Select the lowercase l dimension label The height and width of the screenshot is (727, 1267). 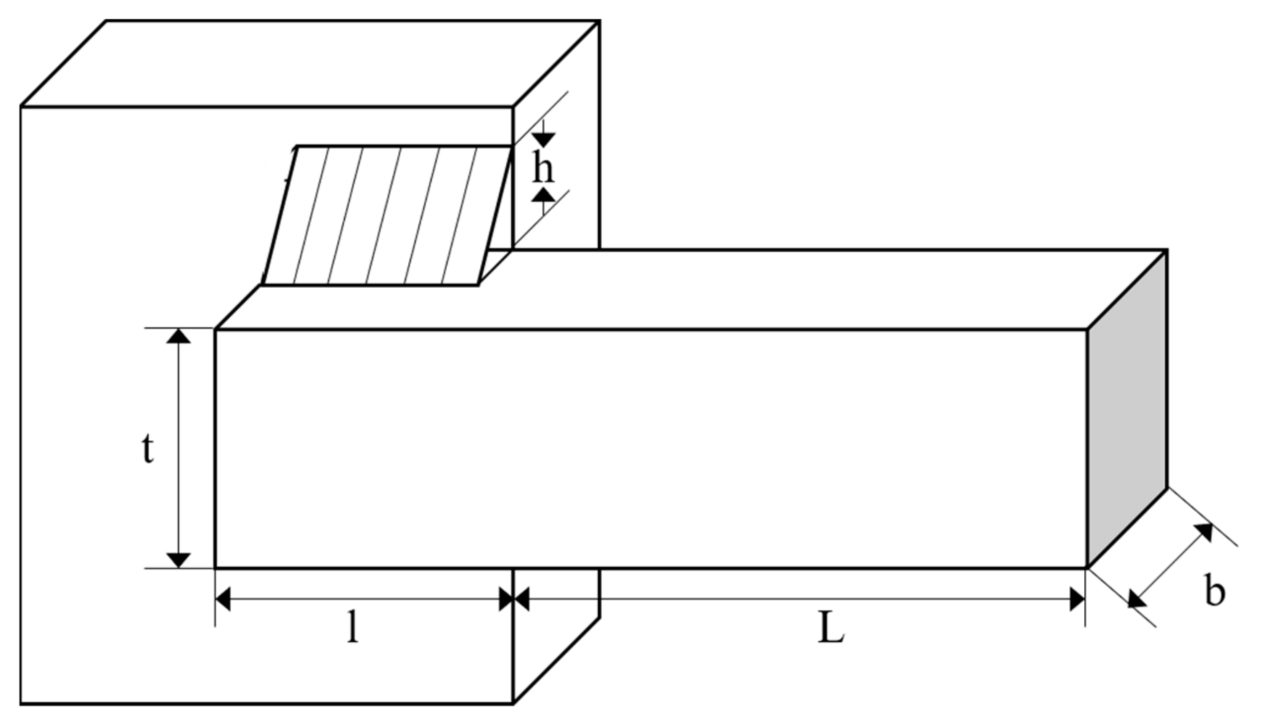pos(352,627)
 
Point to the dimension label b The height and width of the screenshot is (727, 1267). pos(1215,592)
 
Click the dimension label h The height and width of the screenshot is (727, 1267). pos(543,168)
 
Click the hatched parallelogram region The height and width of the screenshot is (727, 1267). pos(387,216)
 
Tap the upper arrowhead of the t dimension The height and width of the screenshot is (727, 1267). pos(179,336)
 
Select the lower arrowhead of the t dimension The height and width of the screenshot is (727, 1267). pos(179,560)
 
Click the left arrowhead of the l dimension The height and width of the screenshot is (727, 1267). pos(223,599)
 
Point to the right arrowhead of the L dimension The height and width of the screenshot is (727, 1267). pos(1078,599)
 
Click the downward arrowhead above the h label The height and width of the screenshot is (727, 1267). pos(543,139)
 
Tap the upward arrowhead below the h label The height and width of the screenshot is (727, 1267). pos(543,196)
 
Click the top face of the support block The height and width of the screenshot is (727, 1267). pos(308,64)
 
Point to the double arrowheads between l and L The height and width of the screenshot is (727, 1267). pos(513,599)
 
